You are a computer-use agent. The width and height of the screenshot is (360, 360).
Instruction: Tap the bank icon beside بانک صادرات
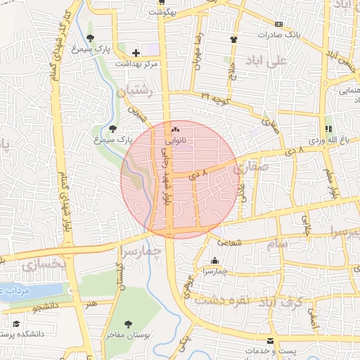279,24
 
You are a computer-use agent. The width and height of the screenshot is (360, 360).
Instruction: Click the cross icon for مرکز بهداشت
136,53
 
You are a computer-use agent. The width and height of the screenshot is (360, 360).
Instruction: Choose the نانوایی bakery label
176,141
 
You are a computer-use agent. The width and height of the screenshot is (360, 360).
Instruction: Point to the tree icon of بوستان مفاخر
127,324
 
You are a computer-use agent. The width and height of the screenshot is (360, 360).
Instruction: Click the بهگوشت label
162,13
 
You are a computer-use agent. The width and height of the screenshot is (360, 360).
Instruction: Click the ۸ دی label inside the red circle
199,173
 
